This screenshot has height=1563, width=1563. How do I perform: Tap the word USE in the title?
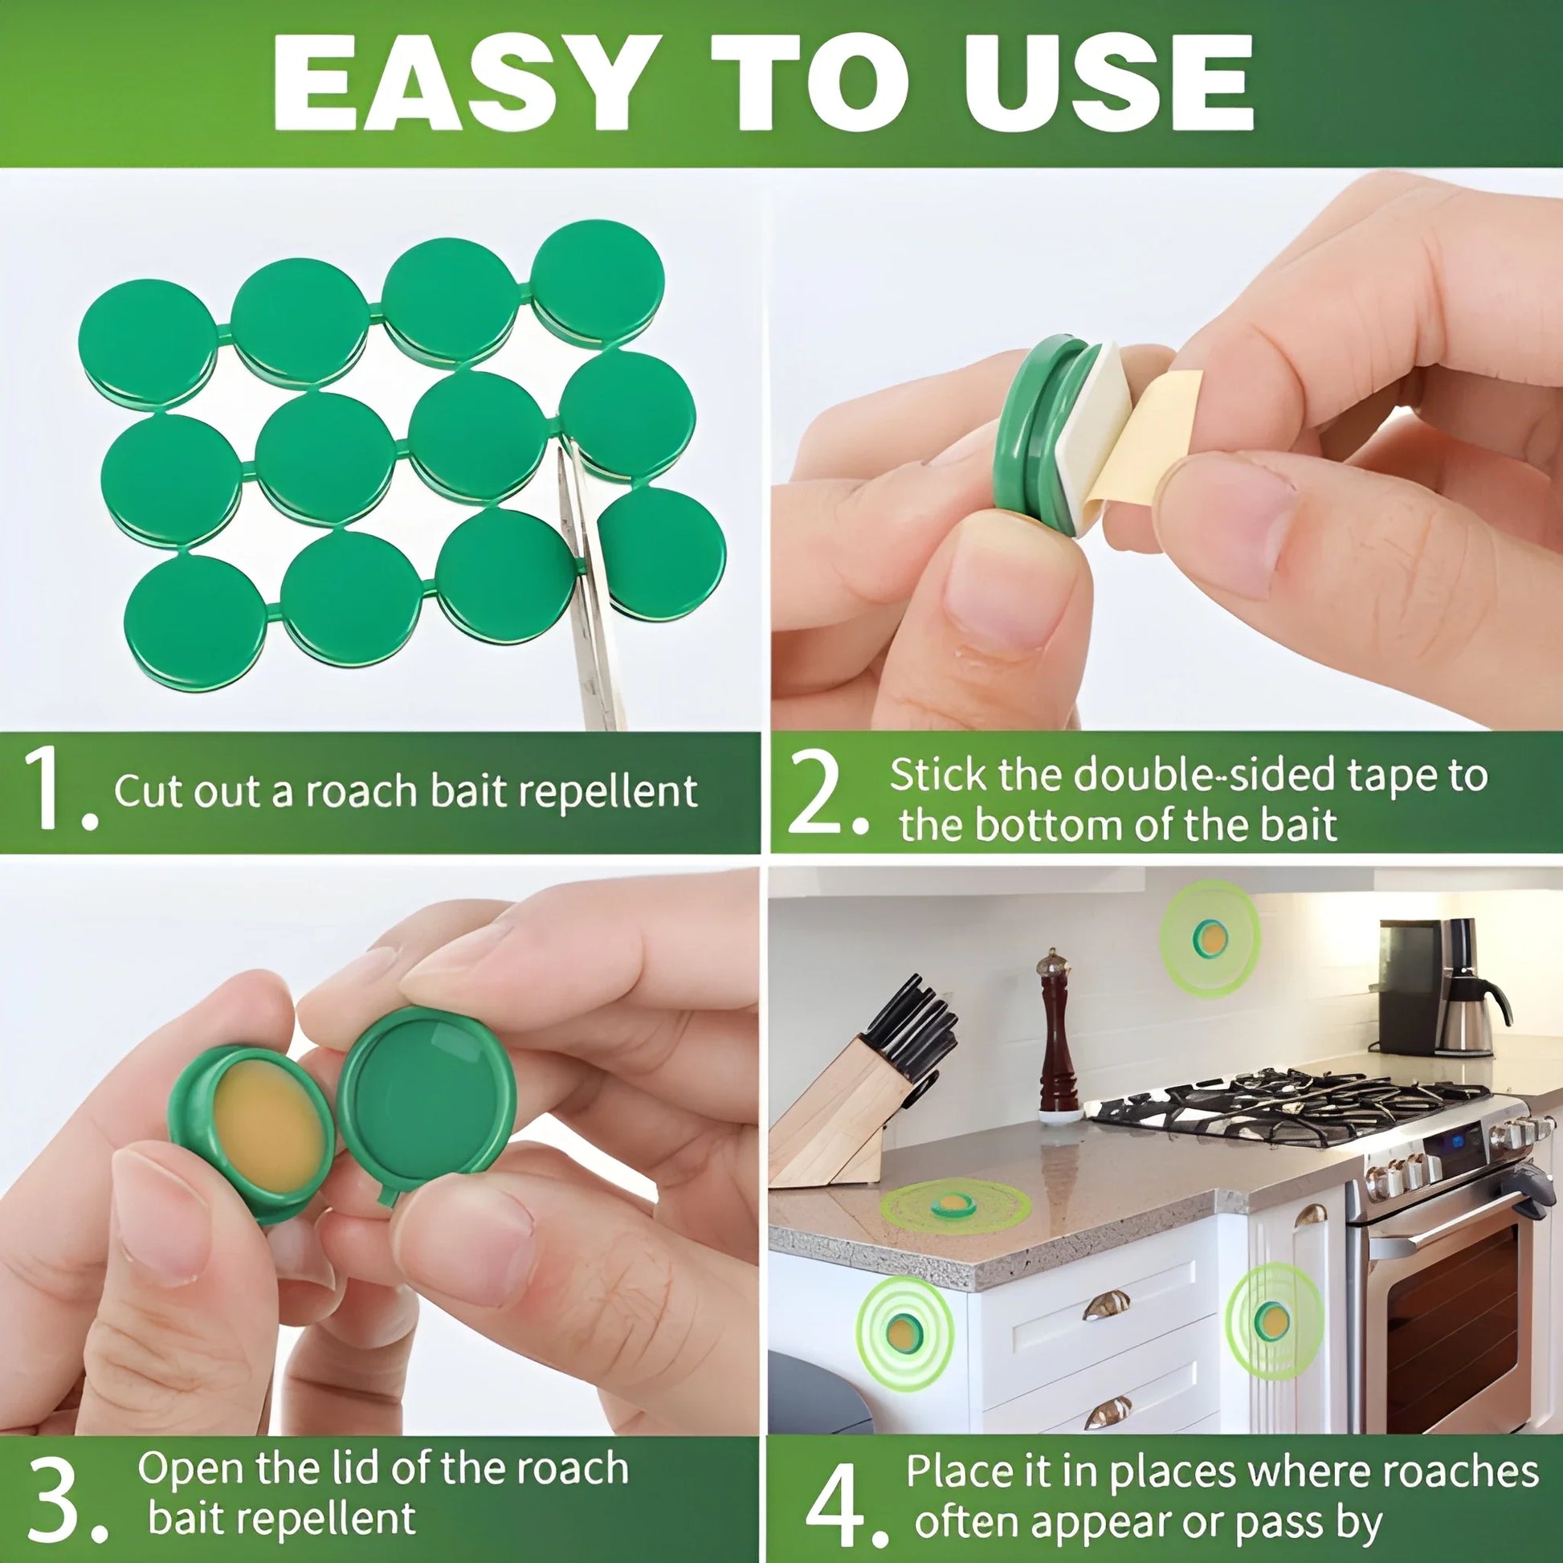[x=1108, y=83]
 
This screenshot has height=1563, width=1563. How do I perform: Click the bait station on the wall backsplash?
[x=1211, y=938]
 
